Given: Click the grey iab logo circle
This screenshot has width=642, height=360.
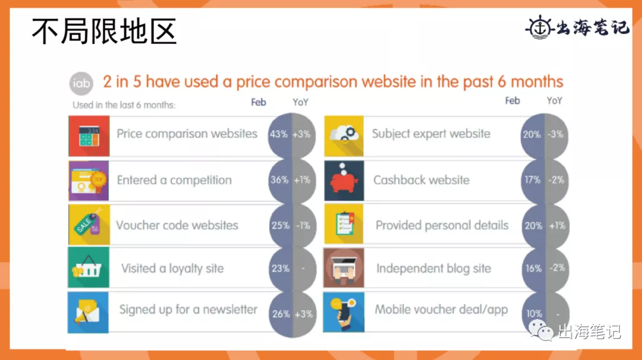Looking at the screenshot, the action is tap(81, 83).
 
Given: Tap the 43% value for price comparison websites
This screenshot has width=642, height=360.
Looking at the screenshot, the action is tap(278, 134).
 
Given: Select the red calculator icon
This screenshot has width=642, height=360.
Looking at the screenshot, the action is tap(89, 136).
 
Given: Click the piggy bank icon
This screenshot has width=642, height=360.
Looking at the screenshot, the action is tap(344, 181).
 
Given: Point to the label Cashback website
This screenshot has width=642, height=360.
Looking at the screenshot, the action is tap(421, 180).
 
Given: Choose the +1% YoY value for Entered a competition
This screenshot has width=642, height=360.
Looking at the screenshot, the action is tap(302, 180).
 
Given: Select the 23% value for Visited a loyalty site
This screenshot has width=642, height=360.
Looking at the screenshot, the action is tap(281, 269).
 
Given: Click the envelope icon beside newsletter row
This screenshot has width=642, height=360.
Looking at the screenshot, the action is tap(88, 312).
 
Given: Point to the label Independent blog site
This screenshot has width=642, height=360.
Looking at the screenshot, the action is tap(433, 269).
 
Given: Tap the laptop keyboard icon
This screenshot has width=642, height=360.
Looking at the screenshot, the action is tap(344, 267).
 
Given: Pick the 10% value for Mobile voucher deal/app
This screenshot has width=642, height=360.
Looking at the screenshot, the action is tap(534, 314).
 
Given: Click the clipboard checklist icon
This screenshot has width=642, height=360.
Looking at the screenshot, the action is tap(344, 224).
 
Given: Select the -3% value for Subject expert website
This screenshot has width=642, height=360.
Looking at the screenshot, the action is tap(556, 134).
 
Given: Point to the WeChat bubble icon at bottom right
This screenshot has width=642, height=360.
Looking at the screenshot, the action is tap(542, 330).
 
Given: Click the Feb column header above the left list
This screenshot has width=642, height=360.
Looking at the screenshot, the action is tap(259, 102).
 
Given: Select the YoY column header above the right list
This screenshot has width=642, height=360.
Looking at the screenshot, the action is tap(555, 100).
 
